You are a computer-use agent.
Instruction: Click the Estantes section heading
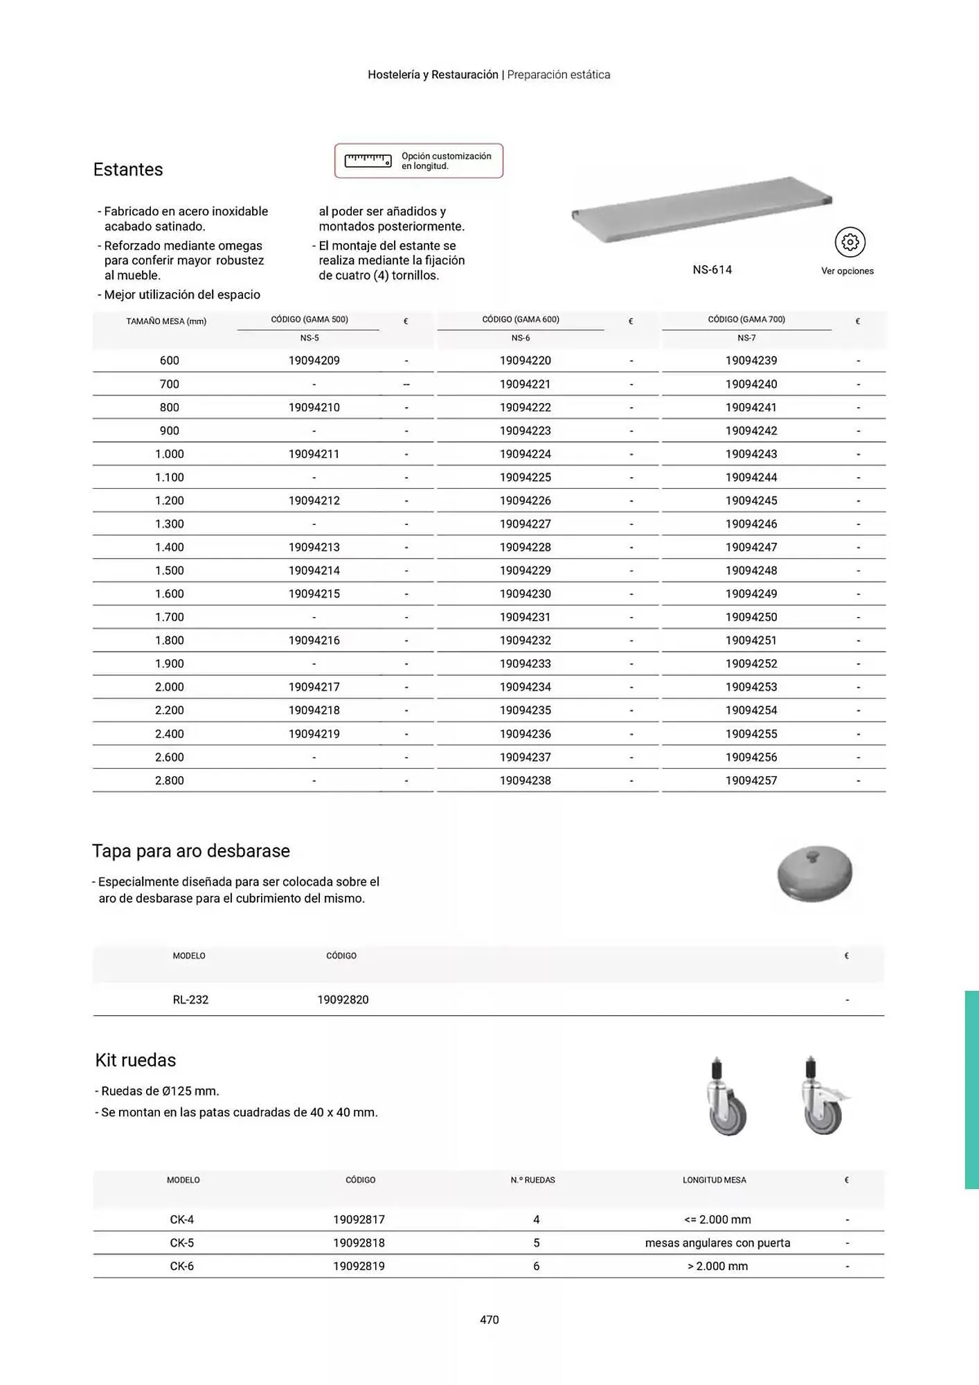(128, 170)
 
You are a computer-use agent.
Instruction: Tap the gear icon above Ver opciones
(850, 242)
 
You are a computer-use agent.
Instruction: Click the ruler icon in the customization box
(368, 160)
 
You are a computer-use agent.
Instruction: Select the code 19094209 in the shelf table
(314, 361)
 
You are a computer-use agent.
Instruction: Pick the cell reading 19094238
(526, 780)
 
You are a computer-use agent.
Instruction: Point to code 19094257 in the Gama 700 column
(751, 780)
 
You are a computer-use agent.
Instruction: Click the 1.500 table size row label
(170, 571)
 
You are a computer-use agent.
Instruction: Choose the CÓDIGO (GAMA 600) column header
(521, 320)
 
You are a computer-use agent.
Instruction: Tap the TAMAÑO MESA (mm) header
(166, 321)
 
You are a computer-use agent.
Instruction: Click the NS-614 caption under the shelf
(712, 270)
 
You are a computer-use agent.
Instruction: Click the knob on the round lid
(815, 855)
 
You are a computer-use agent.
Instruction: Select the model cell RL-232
(190, 1000)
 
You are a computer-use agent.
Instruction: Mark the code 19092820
(343, 1000)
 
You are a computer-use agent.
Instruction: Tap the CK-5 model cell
(182, 1243)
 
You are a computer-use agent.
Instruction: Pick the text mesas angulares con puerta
(717, 1243)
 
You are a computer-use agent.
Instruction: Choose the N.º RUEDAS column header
(533, 1180)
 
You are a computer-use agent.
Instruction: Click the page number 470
(489, 1320)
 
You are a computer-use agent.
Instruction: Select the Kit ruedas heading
(136, 1060)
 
